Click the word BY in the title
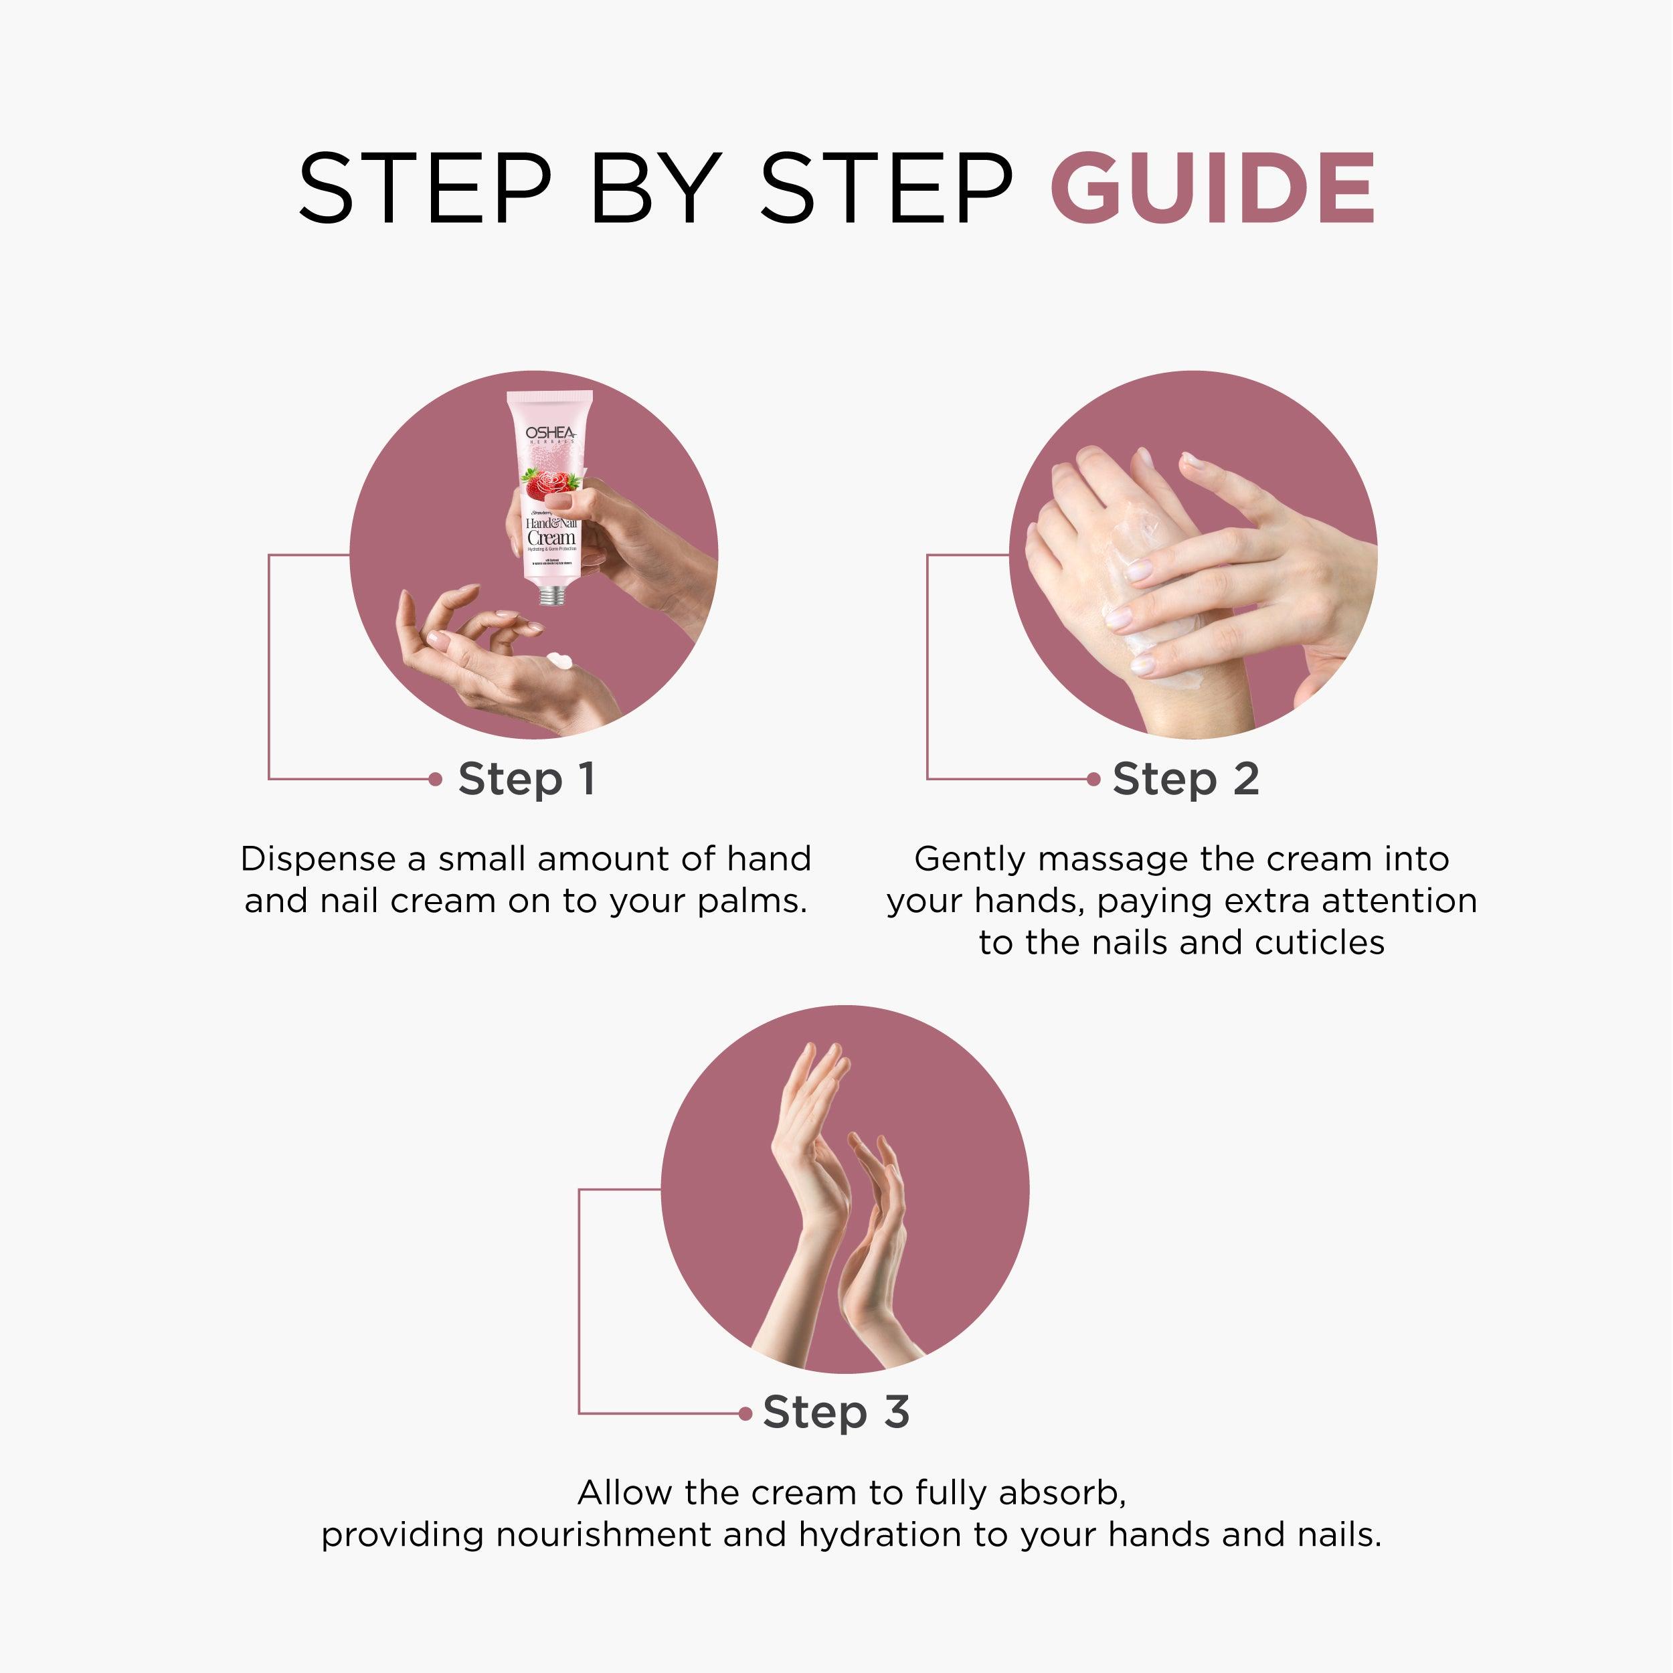click(x=656, y=188)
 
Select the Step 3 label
click(x=836, y=1413)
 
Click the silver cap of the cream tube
click(x=551, y=595)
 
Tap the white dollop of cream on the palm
click(x=559, y=660)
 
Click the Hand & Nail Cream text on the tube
click(x=551, y=532)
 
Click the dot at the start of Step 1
click(x=436, y=780)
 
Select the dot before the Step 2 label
click(x=1093, y=780)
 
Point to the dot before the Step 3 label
click(x=745, y=1413)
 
